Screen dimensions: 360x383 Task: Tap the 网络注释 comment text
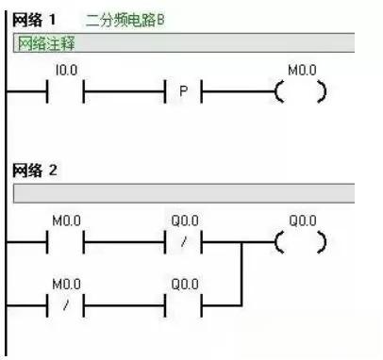(46, 42)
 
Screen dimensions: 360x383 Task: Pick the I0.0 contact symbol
(66, 92)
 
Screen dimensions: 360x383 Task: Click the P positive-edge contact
(184, 92)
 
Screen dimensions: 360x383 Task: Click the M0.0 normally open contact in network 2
(66, 241)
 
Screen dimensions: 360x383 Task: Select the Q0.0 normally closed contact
(184, 241)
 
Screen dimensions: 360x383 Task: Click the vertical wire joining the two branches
(243, 272)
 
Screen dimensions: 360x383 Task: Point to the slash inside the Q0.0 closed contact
(184, 242)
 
